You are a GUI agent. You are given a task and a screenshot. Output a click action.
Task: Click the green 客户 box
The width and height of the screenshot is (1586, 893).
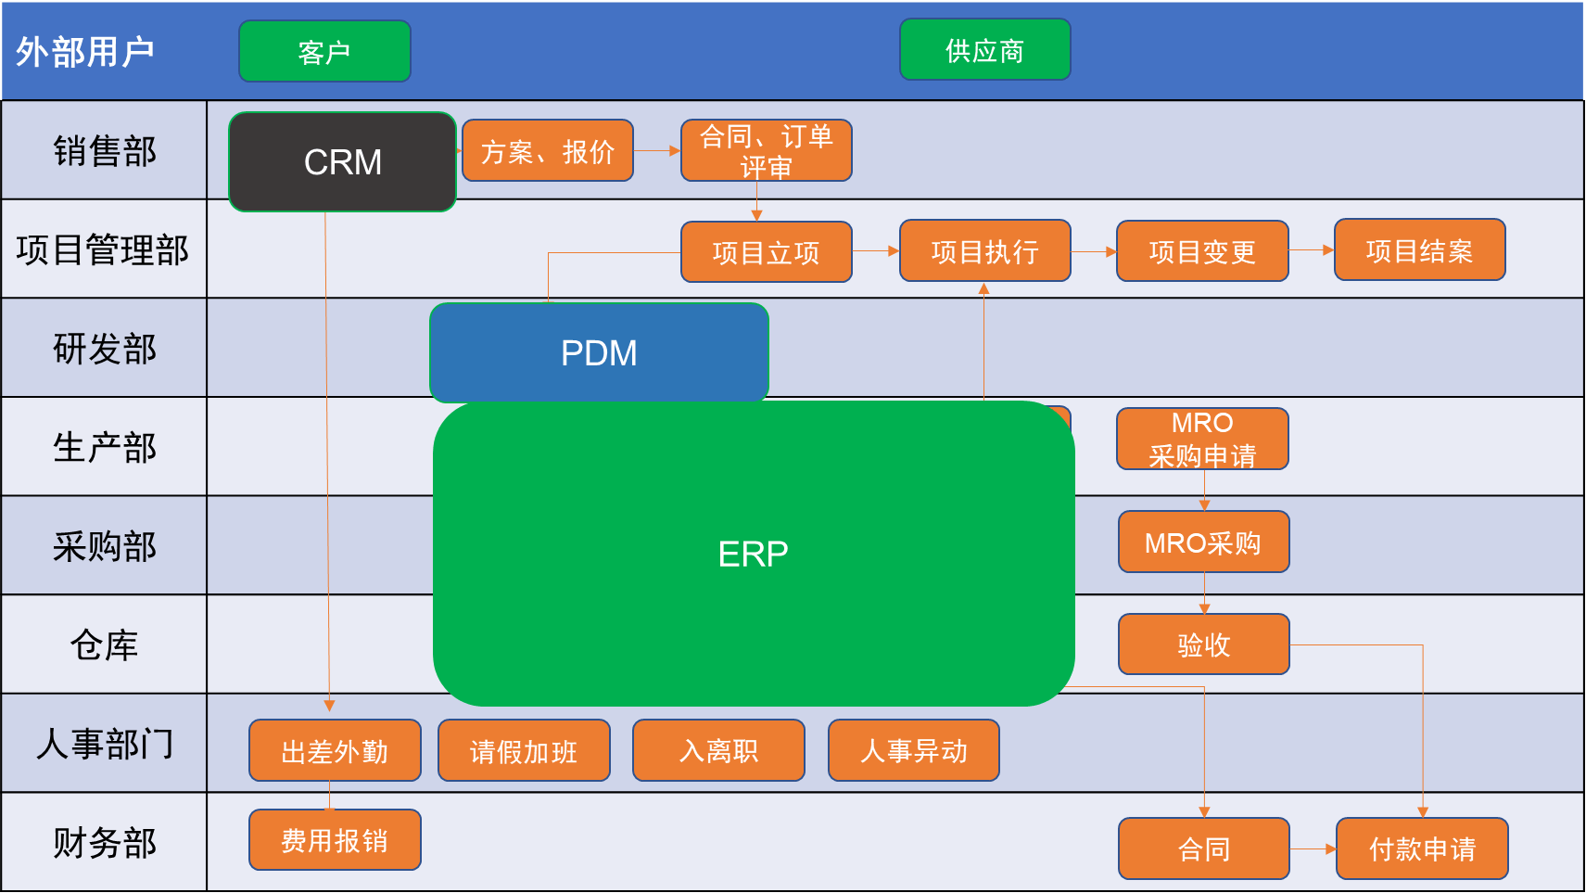[x=324, y=52]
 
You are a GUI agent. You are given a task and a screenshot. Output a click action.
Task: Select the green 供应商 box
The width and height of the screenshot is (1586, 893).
[x=984, y=50]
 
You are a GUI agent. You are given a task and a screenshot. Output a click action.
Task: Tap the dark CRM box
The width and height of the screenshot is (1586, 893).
[x=342, y=162]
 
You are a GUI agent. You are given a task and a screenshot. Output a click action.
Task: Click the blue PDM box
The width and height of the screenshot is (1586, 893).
[x=599, y=352]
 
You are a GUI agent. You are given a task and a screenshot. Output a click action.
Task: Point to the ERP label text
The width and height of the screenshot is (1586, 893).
[x=753, y=554]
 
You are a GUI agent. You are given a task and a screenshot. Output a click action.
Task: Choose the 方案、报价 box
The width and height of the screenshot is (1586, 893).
[x=547, y=150]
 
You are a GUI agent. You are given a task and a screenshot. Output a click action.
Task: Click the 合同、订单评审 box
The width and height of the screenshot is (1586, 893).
[x=766, y=150]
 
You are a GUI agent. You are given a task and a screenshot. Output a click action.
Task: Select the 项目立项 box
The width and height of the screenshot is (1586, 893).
[x=766, y=251]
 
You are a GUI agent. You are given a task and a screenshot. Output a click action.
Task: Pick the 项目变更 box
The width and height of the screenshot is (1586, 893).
[x=1202, y=250]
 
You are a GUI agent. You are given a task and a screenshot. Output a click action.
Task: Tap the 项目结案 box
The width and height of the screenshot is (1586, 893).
[x=1419, y=249]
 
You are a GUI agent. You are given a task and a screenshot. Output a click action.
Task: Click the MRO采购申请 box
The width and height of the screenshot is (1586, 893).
[x=1202, y=439]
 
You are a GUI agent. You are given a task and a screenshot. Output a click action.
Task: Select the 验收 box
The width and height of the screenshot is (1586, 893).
[x=1203, y=644]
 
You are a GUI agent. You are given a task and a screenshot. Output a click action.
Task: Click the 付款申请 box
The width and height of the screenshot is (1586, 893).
[x=1422, y=848]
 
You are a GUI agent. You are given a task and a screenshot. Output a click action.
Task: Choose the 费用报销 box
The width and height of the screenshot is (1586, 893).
[x=335, y=840]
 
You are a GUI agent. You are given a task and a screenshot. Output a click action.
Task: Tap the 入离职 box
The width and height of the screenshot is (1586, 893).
[x=718, y=750]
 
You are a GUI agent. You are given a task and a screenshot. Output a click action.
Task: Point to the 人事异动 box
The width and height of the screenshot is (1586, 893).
[x=913, y=750]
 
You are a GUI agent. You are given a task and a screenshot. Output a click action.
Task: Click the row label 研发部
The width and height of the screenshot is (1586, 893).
[x=104, y=349]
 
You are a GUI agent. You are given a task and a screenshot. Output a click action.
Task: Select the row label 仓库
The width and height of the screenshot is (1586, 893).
[x=104, y=644]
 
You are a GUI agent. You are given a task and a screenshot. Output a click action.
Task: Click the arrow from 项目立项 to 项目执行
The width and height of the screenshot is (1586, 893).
[x=875, y=250]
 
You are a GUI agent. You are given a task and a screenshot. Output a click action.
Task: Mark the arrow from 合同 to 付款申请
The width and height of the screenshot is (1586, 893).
[x=1313, y=848]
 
